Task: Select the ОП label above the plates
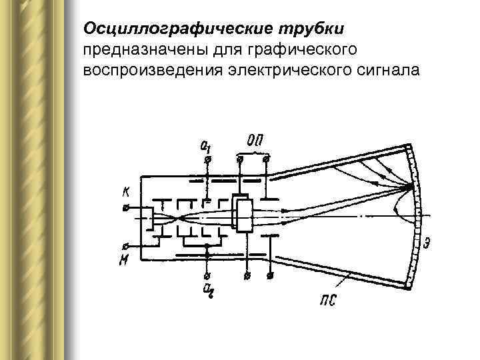(254, 141)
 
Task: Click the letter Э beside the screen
(427, 243)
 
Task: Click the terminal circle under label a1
(208, 160)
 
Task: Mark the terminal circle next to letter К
(126, 207)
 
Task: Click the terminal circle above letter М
(125, 244)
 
